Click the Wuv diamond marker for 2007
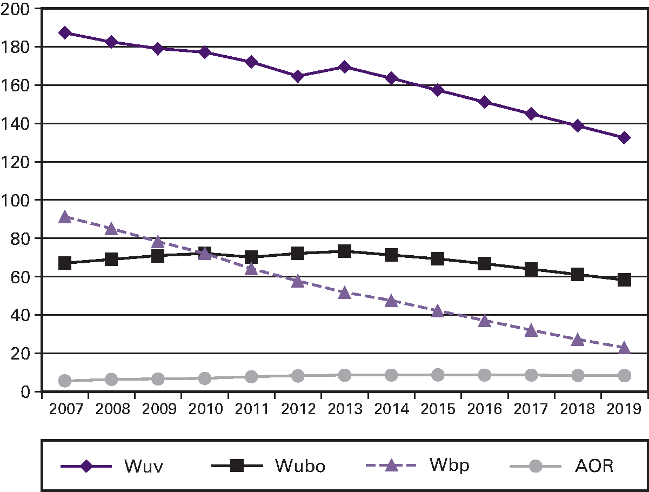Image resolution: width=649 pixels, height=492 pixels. pyautogui.click(x=65, y=32)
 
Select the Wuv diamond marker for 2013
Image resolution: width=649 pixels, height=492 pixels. pyautogui.click(x=344, y=67)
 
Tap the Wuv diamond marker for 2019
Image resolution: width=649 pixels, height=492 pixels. pyautogui.click(x=624, y=138)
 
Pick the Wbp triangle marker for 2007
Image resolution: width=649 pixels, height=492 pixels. pyautogui.click(x=65, y=217)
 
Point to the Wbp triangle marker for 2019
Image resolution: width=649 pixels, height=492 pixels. pyautogui.click(x=624, y=348)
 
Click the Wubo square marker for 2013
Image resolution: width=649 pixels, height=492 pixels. pyautogui.click(x=344, y=251)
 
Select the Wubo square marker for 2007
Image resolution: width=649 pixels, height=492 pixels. pyautogui.click(x=65, y=263)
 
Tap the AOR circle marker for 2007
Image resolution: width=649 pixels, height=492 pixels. pyautogui.click(x=65, y=381)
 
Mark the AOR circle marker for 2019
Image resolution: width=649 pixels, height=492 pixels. pyautogui.click(x=624, y=376)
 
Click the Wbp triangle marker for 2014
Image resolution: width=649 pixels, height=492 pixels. pyautogui.click(x=391, y=301)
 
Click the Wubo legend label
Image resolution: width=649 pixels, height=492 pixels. pyautogui.click(x=300, y=466)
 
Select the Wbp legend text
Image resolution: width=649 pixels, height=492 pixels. pyautogui.click(x=450, y=465)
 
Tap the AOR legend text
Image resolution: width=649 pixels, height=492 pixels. pyautogui.click(x=594, y=466)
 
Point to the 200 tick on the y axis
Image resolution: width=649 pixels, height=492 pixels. pyautogui.click(x=16, y=9)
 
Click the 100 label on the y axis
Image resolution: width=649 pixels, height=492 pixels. pyautogui.click(x=16, y=200)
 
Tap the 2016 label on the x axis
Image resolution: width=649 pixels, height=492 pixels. pyautogui.click(x=484, y=408)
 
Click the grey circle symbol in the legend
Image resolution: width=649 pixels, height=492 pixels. pyautogui.click(x=535, y=466)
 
